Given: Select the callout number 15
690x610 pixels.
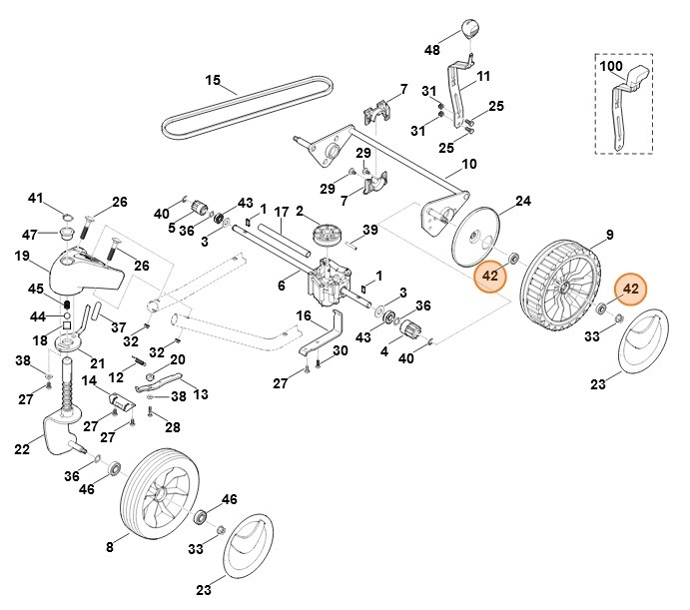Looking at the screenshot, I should click(x=212, y=80).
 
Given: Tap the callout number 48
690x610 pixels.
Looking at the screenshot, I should click(x=431, y=49).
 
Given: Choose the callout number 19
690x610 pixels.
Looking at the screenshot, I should click(x=21, y=257).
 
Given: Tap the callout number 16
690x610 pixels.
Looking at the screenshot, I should click(x=304, y=315).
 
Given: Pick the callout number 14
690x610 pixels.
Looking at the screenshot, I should click(x=89, y=380).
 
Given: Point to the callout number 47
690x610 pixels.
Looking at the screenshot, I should click(x=30, y=234).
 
